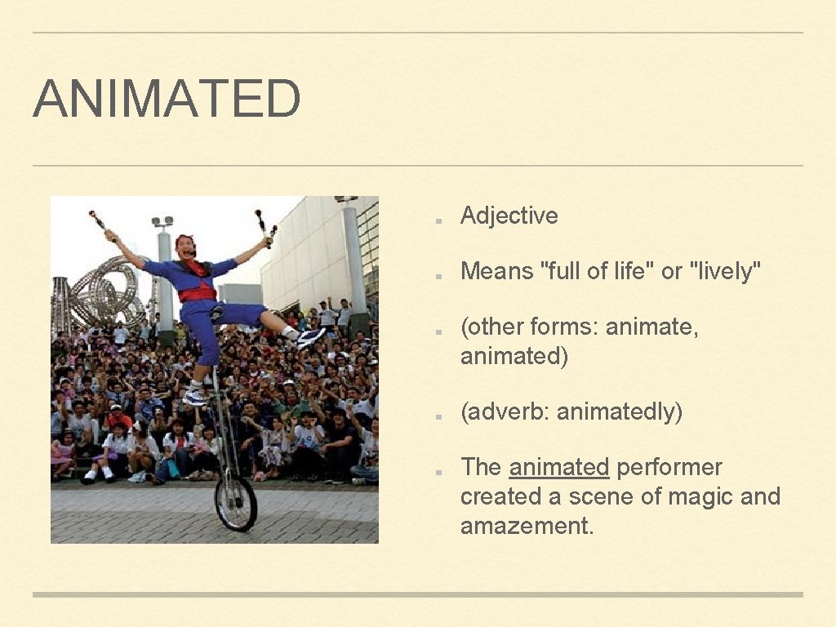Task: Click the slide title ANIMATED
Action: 167,99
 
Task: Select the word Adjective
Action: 509,216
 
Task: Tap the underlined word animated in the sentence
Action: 558,467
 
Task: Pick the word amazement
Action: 526,526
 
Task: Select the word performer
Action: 669,467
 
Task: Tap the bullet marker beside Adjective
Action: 438,220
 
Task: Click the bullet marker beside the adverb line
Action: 438,416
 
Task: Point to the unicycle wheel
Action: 237,503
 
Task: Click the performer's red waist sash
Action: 198,294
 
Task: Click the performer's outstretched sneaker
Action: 309,336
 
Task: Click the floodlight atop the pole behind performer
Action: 162,222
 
